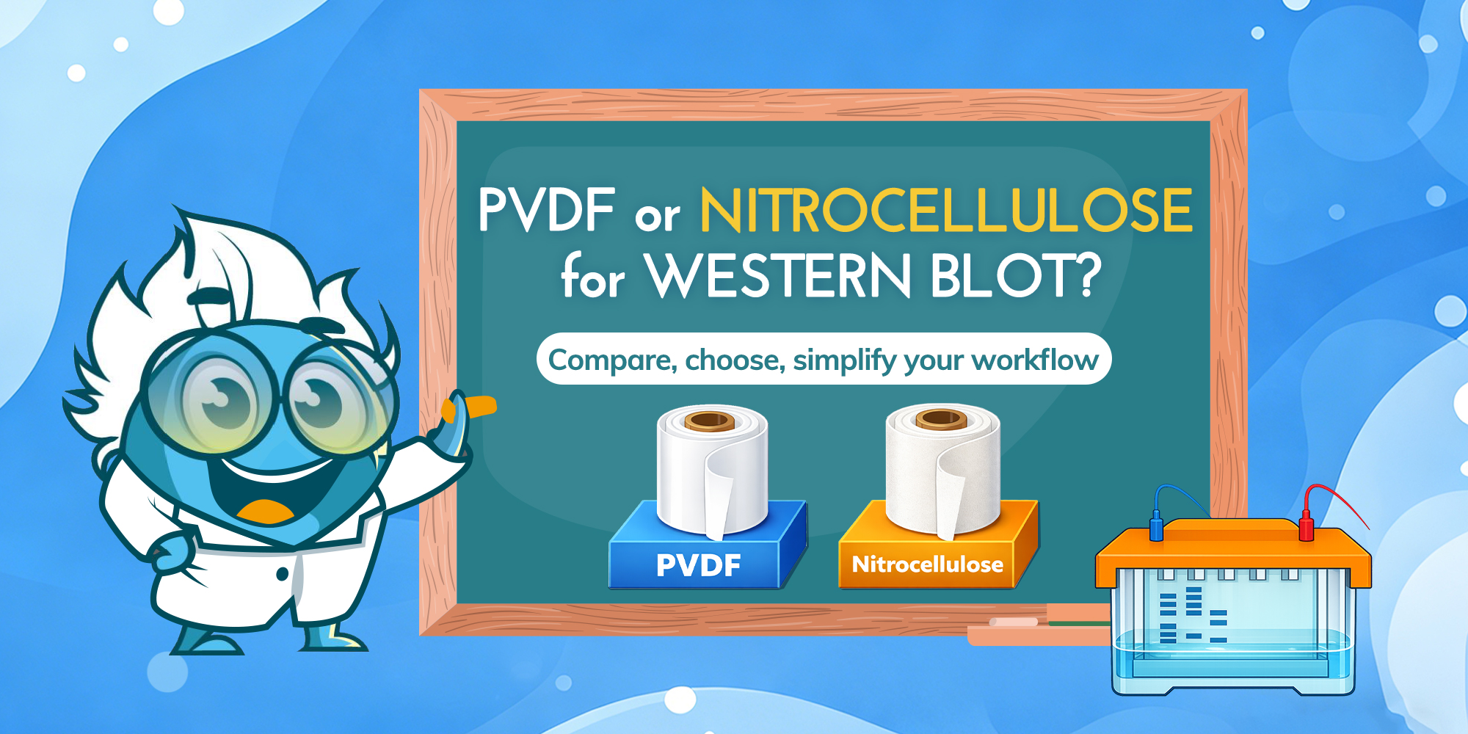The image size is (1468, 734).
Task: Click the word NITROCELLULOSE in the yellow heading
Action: click(945, 211)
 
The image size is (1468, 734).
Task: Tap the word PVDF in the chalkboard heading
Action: click(546, 211)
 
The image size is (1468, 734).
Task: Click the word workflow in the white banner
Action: click(1035, 360)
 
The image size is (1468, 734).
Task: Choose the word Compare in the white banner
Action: click(612, 360)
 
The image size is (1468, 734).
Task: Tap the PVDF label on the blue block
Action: click(698, 565)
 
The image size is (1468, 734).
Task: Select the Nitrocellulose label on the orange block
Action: click(927, 564)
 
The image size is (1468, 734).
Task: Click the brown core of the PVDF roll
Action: click(709, 421)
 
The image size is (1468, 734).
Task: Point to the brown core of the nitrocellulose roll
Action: click(941, 419)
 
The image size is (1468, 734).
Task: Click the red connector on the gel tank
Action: click(1307, 528)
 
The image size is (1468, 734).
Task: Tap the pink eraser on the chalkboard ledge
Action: click(1013, 622)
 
